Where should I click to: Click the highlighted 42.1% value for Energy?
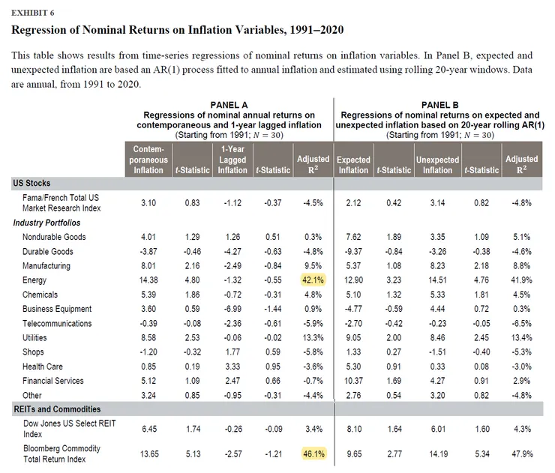tap(312, 280)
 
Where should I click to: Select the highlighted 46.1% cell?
tap(312, 454)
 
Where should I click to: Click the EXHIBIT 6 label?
tap(32, 13)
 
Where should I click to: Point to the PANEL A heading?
tap(229, 104)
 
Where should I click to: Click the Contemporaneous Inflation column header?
tap(148, 160)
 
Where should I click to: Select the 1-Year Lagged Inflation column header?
tap(232, 160)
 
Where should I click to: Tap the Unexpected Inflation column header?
tap(437, 164)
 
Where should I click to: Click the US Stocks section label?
tap(33, 183)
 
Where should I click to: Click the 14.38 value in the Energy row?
tap(148, 280)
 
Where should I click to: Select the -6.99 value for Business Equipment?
tap(232, 309)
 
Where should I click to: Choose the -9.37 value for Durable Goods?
tap(354, 251)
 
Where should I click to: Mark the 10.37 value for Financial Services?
tap(354, 381)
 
